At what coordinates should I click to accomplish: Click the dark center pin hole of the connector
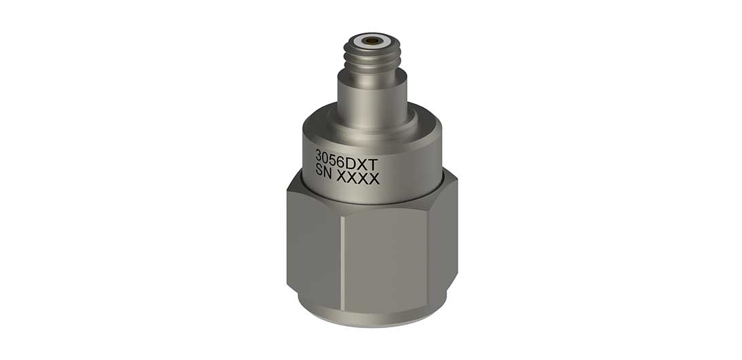[371, 41]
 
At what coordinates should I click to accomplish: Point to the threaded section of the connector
[371, 58]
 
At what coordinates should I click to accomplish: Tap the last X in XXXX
[374, 180]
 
